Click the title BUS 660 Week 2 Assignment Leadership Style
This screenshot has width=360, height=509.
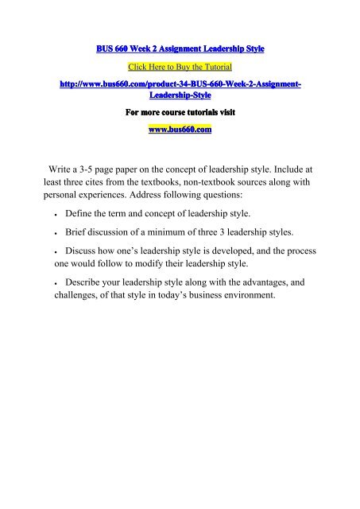tap(179, 49)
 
